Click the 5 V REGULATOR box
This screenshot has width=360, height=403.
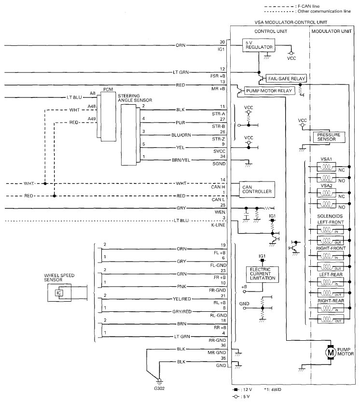point(258,45)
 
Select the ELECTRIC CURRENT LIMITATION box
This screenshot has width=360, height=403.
point(262,274)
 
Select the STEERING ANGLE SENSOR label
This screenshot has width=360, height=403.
point(135,98)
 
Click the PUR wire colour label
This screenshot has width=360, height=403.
point(180,123)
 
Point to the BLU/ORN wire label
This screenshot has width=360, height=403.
point(180,135)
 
